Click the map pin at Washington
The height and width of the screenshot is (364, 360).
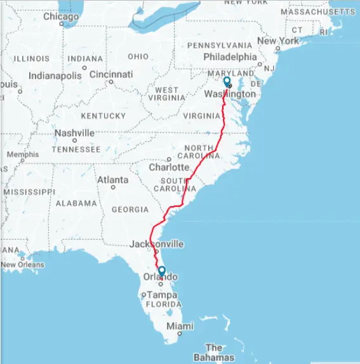227,82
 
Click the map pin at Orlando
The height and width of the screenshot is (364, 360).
162,271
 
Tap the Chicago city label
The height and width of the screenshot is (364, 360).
61,17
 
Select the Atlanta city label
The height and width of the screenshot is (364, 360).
112,179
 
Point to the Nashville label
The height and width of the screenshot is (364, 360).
74,133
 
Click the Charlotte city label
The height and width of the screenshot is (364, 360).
169,167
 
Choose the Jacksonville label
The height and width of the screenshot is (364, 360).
156,244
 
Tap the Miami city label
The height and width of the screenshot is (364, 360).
180,326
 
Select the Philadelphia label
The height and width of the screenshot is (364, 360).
229,56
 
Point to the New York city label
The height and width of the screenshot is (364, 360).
277,41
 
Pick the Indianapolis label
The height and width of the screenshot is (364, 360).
55,75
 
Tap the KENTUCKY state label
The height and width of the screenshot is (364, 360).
103,116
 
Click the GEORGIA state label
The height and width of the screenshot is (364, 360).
130,209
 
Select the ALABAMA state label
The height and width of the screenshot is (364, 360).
76,204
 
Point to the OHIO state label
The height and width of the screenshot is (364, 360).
138,56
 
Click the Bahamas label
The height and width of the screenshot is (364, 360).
215,353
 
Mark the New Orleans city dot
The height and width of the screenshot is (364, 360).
22,257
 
